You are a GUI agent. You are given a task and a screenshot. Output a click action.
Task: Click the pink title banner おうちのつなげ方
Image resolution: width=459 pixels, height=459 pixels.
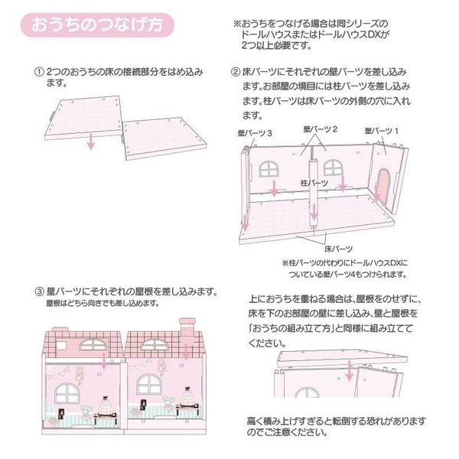[97, 24]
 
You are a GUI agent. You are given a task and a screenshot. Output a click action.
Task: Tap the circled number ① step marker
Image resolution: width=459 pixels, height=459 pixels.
[39, 72]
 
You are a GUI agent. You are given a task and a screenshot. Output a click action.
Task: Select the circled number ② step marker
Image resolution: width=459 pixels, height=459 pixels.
[236, 72]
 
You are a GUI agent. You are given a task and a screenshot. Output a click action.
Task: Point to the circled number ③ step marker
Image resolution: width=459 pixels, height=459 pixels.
[39, 291]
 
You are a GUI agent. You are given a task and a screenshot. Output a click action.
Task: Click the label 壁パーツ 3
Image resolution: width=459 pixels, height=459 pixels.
[255, 133]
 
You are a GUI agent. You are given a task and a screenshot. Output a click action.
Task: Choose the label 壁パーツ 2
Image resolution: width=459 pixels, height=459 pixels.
[321, 129]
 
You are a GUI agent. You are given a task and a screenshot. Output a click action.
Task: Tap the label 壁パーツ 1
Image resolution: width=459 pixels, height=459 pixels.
[382, 131]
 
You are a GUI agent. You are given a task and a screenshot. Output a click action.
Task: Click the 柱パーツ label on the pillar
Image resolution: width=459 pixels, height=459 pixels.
[314, 183]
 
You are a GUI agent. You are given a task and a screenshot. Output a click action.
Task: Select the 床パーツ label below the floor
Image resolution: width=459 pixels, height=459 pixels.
[338, 249]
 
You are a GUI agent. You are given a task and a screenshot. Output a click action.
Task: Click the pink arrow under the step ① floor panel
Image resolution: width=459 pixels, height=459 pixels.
[91, 141]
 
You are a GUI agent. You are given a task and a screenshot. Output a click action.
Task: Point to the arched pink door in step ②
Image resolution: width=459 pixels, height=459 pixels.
[383, 186]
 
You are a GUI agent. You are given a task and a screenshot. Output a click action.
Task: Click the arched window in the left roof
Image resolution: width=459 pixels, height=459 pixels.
[93, 344]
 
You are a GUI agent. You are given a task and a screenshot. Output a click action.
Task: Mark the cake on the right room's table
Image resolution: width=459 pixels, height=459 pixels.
[187, 397]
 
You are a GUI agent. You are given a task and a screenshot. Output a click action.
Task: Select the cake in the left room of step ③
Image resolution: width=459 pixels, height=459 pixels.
[106, 406]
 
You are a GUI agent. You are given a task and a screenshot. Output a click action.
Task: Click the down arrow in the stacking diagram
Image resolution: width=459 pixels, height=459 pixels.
[349, 371]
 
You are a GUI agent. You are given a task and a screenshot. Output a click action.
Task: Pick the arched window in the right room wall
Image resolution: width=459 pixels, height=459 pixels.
[149, 384]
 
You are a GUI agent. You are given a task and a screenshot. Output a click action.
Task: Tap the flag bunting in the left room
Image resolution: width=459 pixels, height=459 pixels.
[58, 373]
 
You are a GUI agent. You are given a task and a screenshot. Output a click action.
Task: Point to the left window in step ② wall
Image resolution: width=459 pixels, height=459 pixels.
[269, 169]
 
